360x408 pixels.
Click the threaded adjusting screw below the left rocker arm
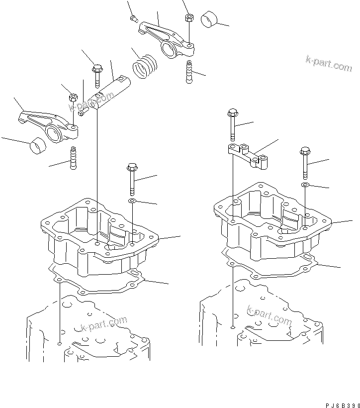click(x=74, y=157)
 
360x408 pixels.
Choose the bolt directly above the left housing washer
click(x=132, y=179)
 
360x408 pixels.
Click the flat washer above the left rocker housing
click(x=132, y=201)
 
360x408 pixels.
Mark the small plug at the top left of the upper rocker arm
click(x=133, y=19)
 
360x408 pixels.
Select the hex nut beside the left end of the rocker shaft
click(x=72, y=96)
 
